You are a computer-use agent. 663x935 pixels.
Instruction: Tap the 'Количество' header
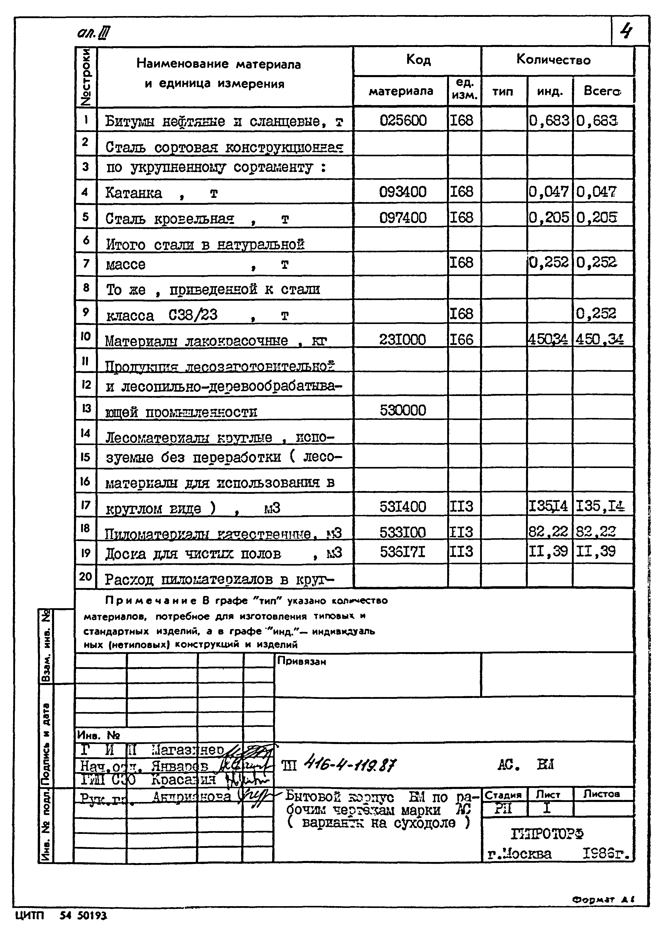[553, 60]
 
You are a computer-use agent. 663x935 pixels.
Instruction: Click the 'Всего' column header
[602, 91]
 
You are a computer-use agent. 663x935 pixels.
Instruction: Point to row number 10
[85, 336]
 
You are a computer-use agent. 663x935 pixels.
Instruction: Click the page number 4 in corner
[626, 31]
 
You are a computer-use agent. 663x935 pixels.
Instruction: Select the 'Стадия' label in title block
[503, 795]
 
